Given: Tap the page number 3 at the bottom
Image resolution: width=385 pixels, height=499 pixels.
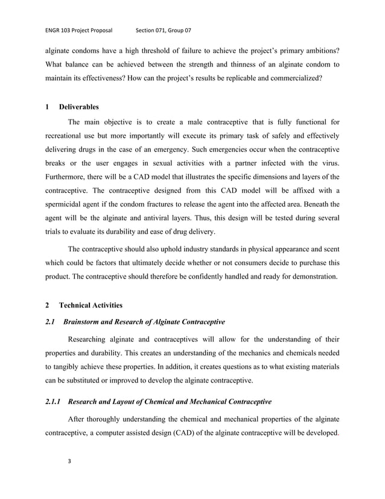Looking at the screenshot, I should point(69,462).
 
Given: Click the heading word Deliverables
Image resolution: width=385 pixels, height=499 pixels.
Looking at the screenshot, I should point(79,108).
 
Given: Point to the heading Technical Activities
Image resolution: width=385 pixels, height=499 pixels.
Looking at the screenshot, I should point(91,306).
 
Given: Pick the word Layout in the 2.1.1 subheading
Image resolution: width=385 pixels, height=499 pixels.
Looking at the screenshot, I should point(129,401).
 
